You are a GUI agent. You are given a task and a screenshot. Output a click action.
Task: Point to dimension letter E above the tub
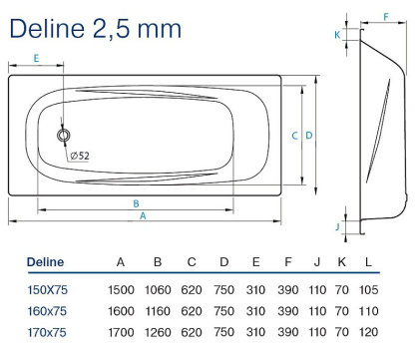(x=35, y=59)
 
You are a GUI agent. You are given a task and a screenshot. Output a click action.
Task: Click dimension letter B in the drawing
(x=136, y=203)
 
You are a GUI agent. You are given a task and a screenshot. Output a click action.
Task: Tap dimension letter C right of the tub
(x=295, y=135)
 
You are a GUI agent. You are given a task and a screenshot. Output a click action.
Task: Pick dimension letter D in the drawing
(x=309, y=135)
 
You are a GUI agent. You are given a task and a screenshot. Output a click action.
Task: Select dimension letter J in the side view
(x=337, y=226)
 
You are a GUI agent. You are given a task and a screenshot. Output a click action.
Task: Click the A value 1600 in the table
(x=121, y=310)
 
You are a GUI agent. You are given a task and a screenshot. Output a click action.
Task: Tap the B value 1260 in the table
(x=157, y=331)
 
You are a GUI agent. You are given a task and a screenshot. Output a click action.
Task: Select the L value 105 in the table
(x=368, y=288)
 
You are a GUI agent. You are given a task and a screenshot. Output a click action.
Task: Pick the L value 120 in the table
(x=368, y=331)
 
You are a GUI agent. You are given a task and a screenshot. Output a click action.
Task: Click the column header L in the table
(x=368, y=262)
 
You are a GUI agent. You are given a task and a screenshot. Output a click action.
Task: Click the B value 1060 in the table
(x=157, y=288)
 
